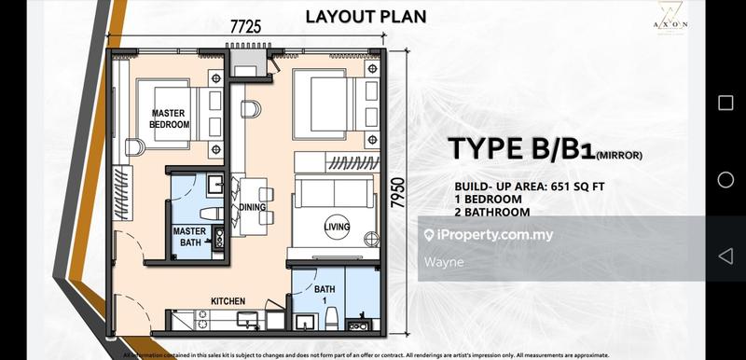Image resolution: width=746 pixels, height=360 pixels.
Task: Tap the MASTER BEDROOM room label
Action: click(171, 118)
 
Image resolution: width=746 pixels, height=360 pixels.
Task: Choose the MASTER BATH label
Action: click(188, 237)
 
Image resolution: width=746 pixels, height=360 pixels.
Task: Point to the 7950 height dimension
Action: click(401, 197)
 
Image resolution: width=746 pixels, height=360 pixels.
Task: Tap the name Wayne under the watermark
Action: click(443, 262)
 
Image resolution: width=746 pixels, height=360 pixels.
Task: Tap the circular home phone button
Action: click(725, 179)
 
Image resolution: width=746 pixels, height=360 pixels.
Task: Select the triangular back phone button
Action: click(725, 256)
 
